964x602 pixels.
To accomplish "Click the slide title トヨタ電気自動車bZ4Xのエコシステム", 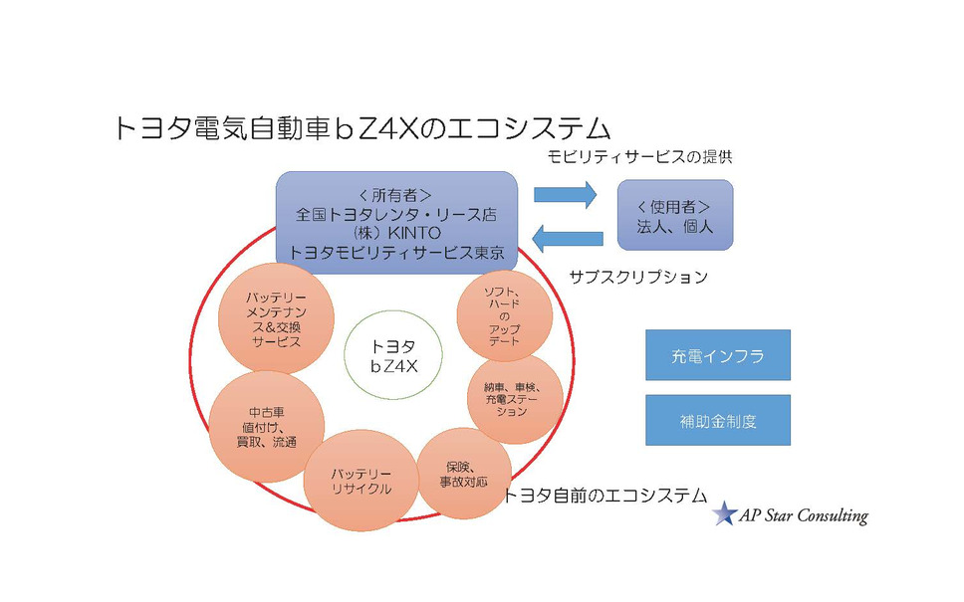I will click(x=361, y=129).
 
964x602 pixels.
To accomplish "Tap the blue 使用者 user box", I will click(x=674, y=215).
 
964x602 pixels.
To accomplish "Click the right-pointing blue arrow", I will click(x=565, y=195).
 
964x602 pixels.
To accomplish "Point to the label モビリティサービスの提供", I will click(x=646, y=157).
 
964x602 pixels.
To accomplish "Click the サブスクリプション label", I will click(x=638, y=278).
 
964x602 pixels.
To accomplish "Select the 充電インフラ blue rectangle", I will click(x=717, y=355).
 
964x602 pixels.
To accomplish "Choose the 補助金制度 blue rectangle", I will click(x=717, y=421).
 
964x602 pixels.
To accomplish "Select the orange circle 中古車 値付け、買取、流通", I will click(x=267, y=428).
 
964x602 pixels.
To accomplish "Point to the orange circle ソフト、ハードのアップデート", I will click(x=505, y=316).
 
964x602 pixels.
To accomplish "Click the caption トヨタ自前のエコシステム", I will click(x=604, y=495).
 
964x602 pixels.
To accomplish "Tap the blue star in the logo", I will click(x=724, y=513).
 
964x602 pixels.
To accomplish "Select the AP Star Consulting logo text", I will click(x=804, y=515).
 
